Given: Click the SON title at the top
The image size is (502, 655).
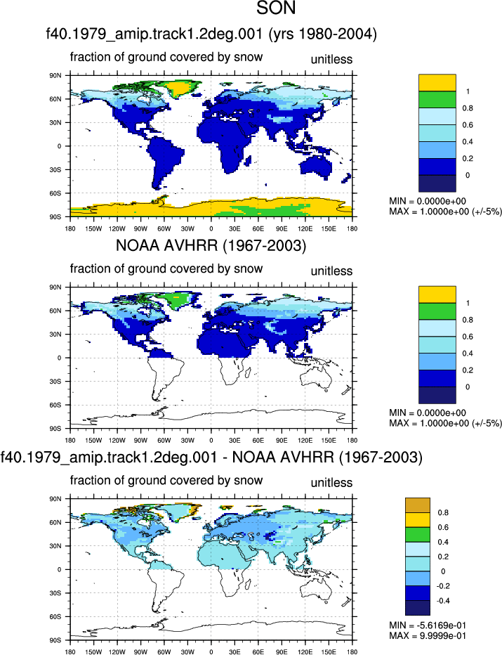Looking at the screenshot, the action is [276, 8].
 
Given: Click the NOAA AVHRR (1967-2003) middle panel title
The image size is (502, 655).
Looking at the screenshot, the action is [211, 245].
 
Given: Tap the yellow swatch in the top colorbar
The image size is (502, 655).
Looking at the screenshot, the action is [437, 83].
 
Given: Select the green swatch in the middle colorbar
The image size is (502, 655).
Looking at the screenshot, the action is [437, 311].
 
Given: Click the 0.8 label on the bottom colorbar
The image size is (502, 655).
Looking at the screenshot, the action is [443, 512].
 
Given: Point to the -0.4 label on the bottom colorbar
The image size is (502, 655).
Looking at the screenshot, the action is [443, 601].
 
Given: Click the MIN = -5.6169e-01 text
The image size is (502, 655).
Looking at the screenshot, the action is [428, 625].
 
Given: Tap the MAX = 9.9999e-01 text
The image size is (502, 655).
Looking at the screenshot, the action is [428, 636].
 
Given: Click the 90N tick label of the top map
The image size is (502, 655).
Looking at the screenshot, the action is [56, 76].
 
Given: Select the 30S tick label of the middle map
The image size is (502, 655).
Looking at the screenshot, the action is [56, 382].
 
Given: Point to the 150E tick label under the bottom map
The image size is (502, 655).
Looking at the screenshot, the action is [329, 651].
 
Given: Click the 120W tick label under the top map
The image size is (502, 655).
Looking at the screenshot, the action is [117, 228].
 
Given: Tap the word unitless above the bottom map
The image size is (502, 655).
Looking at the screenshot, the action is [331, 483].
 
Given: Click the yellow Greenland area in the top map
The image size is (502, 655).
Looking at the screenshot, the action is [180, 88].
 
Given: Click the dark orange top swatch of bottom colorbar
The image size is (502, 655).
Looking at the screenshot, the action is [417, 505].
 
